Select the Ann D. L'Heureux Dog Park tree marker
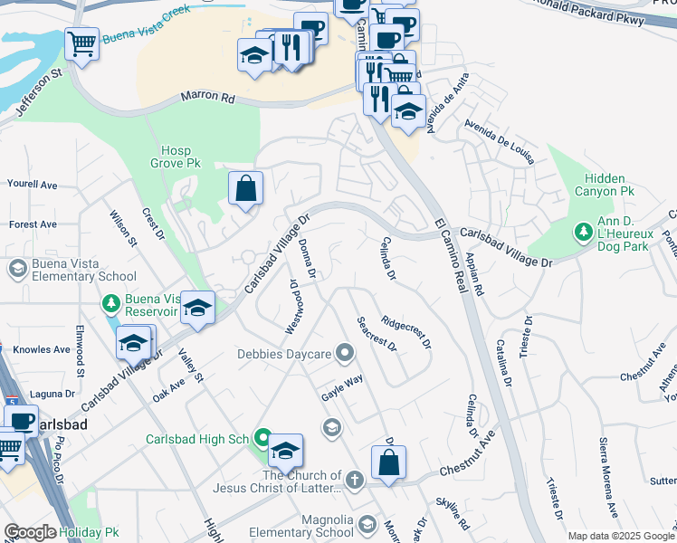(x=584, y=233)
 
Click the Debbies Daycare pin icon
(x=344, y=353)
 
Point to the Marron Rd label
(x=207, y=96)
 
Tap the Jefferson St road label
(x=33, y=87)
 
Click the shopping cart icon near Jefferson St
(x=81, y=43)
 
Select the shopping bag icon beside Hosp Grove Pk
(x=245, y=189)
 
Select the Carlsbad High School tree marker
(x=262, y=439)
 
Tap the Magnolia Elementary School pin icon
(x=367, y=524)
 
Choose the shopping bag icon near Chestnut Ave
(x=388, y=462)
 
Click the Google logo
(x=30, y=533)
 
